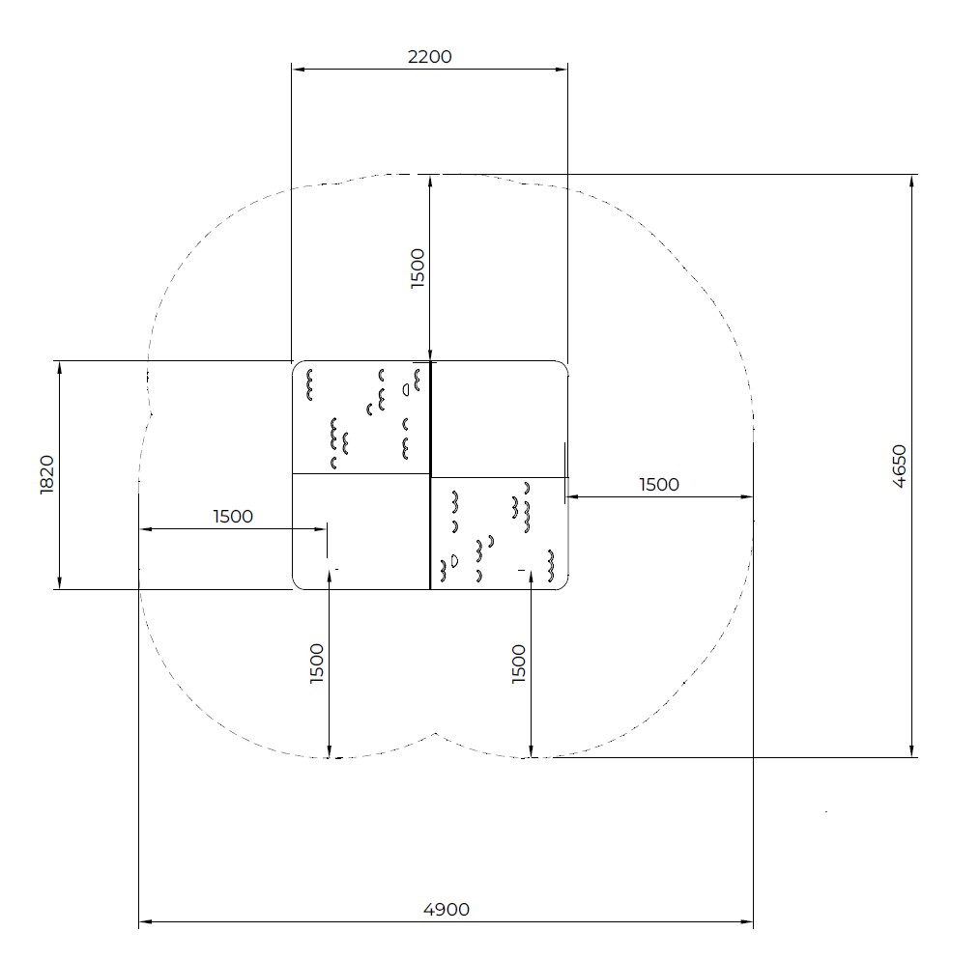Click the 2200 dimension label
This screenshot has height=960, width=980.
[429, 57]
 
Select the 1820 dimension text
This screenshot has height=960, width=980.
[47, 475]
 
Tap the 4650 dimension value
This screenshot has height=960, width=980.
[899, 466]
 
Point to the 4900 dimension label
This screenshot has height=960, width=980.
[447, 909]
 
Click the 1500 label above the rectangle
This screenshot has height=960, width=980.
[418, 268]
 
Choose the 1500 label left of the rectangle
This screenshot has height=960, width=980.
[233, 517]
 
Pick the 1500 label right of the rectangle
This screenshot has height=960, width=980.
[659, 485]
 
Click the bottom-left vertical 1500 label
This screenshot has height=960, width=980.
[318, 664]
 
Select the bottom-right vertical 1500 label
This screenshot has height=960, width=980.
[519, 664]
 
